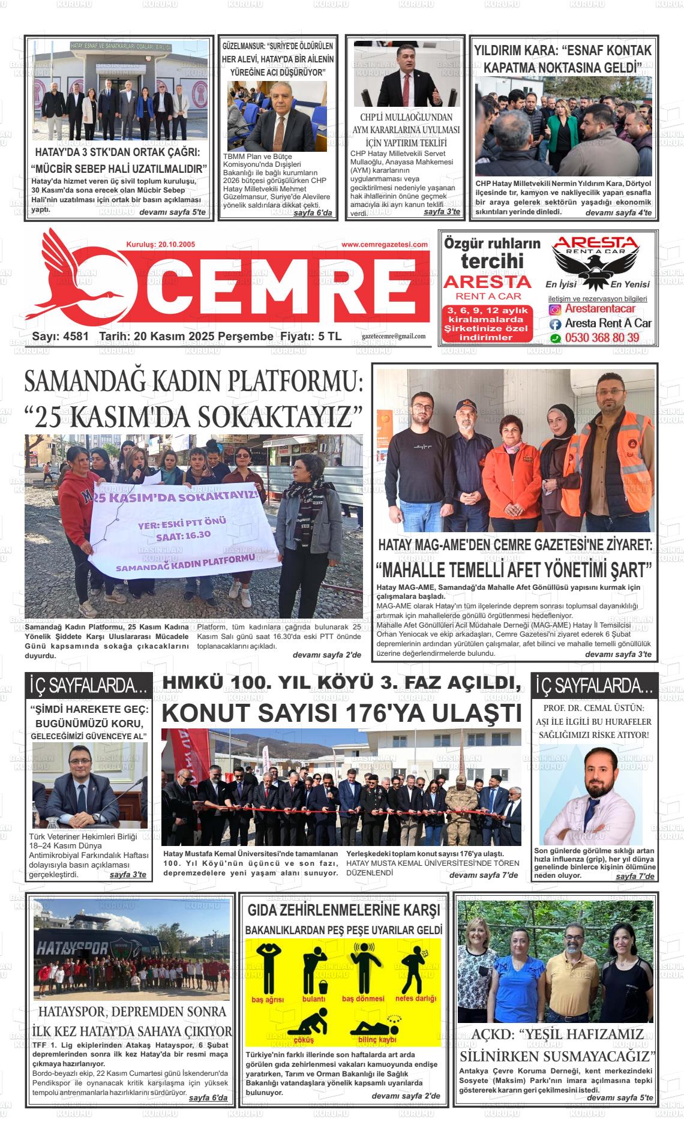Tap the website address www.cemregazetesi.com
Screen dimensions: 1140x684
385,244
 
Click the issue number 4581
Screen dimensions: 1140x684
76,337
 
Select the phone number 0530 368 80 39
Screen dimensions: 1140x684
602,338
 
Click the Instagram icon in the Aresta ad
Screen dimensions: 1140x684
556,310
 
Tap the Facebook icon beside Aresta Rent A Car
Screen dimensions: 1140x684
556,323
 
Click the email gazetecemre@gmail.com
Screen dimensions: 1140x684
394,337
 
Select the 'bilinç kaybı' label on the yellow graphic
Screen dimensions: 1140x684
377,1040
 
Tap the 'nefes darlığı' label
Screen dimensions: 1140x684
415,998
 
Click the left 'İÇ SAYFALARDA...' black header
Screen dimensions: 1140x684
89,685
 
